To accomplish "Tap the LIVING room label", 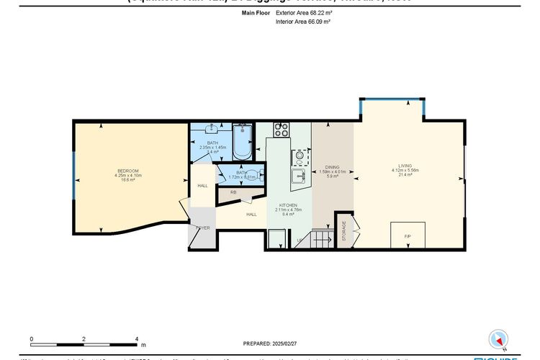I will (405, 166).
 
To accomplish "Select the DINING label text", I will (332, 167).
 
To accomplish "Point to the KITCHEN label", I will (287, 206).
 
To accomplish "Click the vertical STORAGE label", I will (344, 231).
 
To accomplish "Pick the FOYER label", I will (203, 228).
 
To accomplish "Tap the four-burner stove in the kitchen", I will (281, 130).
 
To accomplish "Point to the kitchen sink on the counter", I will (300, 175).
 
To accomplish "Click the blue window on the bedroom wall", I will (73, 177).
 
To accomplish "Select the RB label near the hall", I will (234, 192).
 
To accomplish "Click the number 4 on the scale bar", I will (137, 338).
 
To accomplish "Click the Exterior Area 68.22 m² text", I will (303, 13).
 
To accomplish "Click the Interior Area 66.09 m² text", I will (303, 22).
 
